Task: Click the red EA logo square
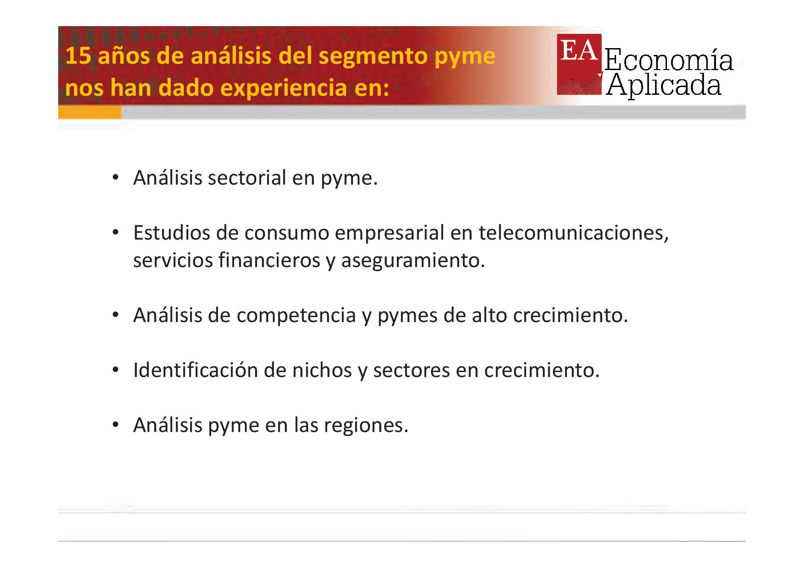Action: click(x=579, y=64)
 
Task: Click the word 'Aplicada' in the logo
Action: click(x=664, y=85)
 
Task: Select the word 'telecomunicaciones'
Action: click(x=573, y=233)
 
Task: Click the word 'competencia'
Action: click(x=296, y=316)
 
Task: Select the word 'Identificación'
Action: click(x=195, y=371)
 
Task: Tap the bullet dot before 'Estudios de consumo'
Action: click(x=116, y=233)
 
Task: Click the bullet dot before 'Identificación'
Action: click(x=116, y=371)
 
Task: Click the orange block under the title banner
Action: click(x=90, y=112)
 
